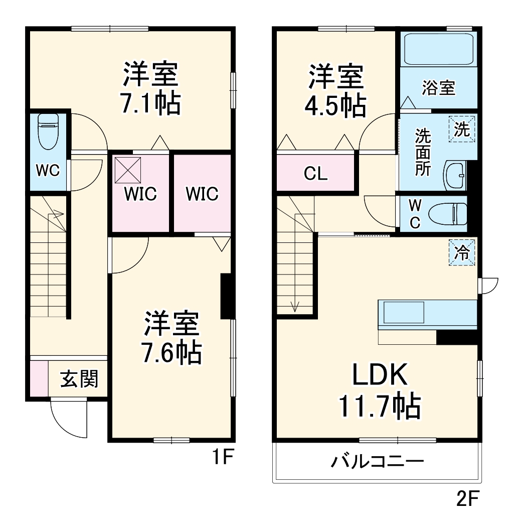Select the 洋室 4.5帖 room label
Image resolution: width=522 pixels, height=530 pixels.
click(335, 91)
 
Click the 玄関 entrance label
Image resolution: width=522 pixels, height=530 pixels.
click(79, 379)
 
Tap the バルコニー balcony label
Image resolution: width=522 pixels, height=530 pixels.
click(377, 461)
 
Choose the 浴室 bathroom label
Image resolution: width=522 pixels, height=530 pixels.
click(438, 88)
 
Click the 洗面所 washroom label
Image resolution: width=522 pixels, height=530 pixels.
click(422, 152)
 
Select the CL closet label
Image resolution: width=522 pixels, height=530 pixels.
click(315, 174)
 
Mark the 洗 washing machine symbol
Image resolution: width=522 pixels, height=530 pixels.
click(462, 129)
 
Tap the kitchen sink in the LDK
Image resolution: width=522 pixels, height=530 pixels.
click(404, 313)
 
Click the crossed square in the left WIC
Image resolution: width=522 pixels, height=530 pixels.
click(128, 170)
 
